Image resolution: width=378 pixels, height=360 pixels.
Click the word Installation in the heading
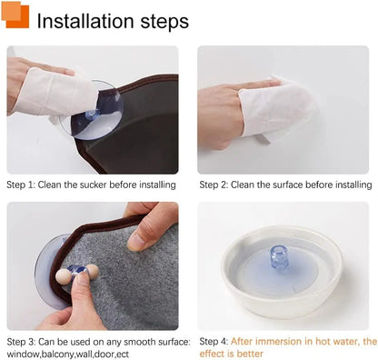[x=85, y=21]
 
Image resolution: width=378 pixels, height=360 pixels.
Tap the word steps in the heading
[x=164, y=23]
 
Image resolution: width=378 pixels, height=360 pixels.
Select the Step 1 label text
[x=21, y=185]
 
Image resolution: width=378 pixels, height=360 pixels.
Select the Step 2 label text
[x=214, y=185]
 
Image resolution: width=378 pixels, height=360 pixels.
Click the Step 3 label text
[x=21, y=342]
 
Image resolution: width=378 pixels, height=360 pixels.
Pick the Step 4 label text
[x=214, y=342]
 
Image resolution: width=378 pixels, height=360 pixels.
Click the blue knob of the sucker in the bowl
[x=279, y=257]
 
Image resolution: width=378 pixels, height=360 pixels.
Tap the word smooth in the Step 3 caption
[x=139, y=342]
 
